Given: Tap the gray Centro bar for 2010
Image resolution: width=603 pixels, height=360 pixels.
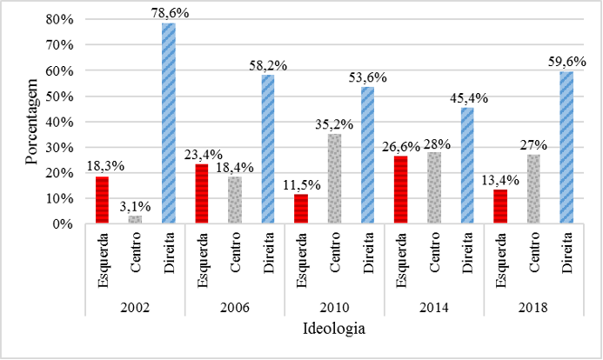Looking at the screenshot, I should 334,179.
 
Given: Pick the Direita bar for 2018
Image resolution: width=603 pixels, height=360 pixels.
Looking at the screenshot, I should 566,148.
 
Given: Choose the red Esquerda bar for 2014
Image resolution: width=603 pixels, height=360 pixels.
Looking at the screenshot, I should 400,190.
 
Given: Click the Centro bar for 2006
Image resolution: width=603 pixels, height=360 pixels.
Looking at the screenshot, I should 235,200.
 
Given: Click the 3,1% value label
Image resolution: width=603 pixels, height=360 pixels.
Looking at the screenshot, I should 136,205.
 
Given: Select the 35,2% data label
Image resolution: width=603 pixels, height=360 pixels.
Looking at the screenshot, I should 334,123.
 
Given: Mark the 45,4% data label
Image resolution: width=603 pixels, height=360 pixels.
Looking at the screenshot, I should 468,98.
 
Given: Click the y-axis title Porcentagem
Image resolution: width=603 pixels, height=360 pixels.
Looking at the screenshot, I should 33,122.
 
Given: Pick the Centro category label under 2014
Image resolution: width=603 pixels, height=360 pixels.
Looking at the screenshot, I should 434,253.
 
